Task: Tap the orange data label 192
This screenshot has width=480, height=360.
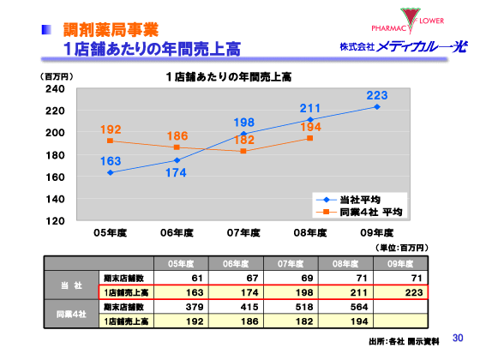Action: [x=111, y=129]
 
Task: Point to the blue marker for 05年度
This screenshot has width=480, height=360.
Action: [x=111, y=172]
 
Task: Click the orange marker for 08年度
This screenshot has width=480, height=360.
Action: [x=310, y=138]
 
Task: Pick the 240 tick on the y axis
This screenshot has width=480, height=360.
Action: [x=55, y=89]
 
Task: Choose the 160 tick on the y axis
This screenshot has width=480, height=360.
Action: [x=55, y=177]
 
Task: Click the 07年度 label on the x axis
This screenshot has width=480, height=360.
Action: [x=243, y=232]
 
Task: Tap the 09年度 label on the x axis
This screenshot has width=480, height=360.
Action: [x=376, y=232]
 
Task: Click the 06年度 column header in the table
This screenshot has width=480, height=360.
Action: [x=236, y=263]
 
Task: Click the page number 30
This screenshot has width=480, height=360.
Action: [x=457, y=338]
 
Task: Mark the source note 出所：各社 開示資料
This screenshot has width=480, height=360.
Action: [x=404, y=341]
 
